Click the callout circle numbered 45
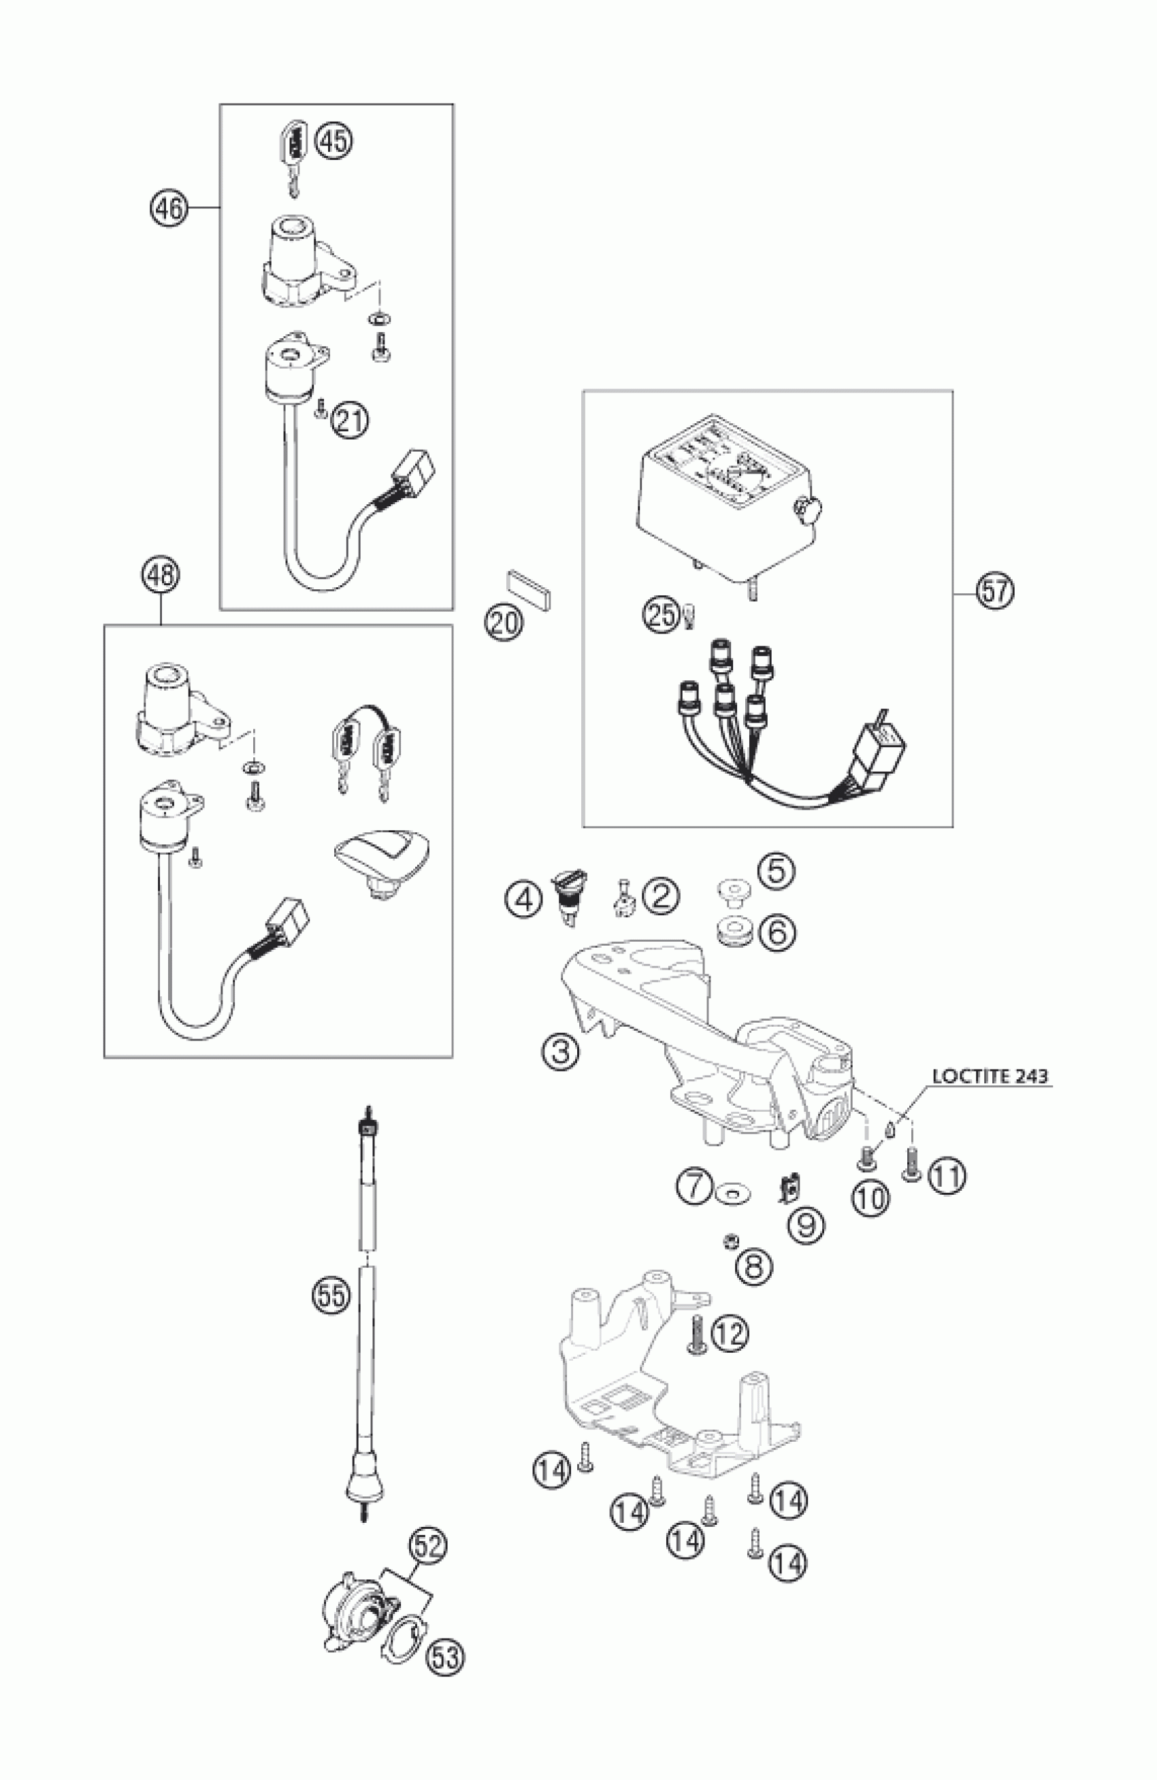pyautogui.click(x=333, y=141)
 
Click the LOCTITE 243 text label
pyautogui.click(x=990, y=1076)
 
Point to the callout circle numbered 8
pyautogui.click(x=754, y=1266)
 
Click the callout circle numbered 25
pyautogui.click(x=661, y=618)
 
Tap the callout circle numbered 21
pyautogui.click(x=350, y=420)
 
